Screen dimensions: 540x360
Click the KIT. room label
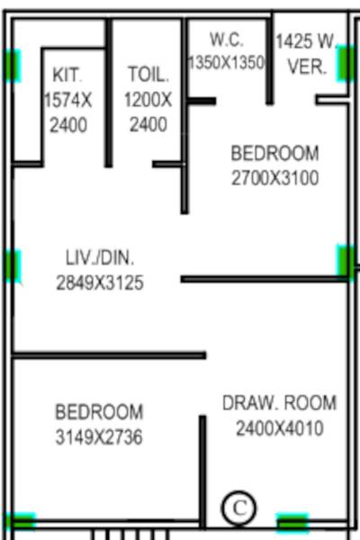coord(67,74)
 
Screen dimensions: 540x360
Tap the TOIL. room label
coord(148,74)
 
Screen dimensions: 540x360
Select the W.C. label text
coord(227,40)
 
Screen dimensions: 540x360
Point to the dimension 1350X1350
coord(227,63)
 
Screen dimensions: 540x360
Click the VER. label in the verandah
coord(307,67)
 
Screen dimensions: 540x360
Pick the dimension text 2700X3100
coord(274,177)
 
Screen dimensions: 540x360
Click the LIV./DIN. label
coord(99,258)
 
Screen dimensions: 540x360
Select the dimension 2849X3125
coord(99,283)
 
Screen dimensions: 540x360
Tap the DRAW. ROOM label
coord(279,403)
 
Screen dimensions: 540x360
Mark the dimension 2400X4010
coord(279,428)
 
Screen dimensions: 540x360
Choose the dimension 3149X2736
coord(99,437)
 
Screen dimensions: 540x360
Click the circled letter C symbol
coord(238,508)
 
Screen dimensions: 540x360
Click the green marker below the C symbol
coord(292,522)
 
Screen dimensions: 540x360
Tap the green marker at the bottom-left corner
coord(20,521)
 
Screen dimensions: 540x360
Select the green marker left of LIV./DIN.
coord(12,265)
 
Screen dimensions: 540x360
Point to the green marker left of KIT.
coord(12,65)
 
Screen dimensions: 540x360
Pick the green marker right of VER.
coord(346,63)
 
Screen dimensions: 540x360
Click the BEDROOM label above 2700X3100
coord(274,153)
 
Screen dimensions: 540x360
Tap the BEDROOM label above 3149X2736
coord(99,412)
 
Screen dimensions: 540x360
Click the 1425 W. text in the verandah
coord(306,41)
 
